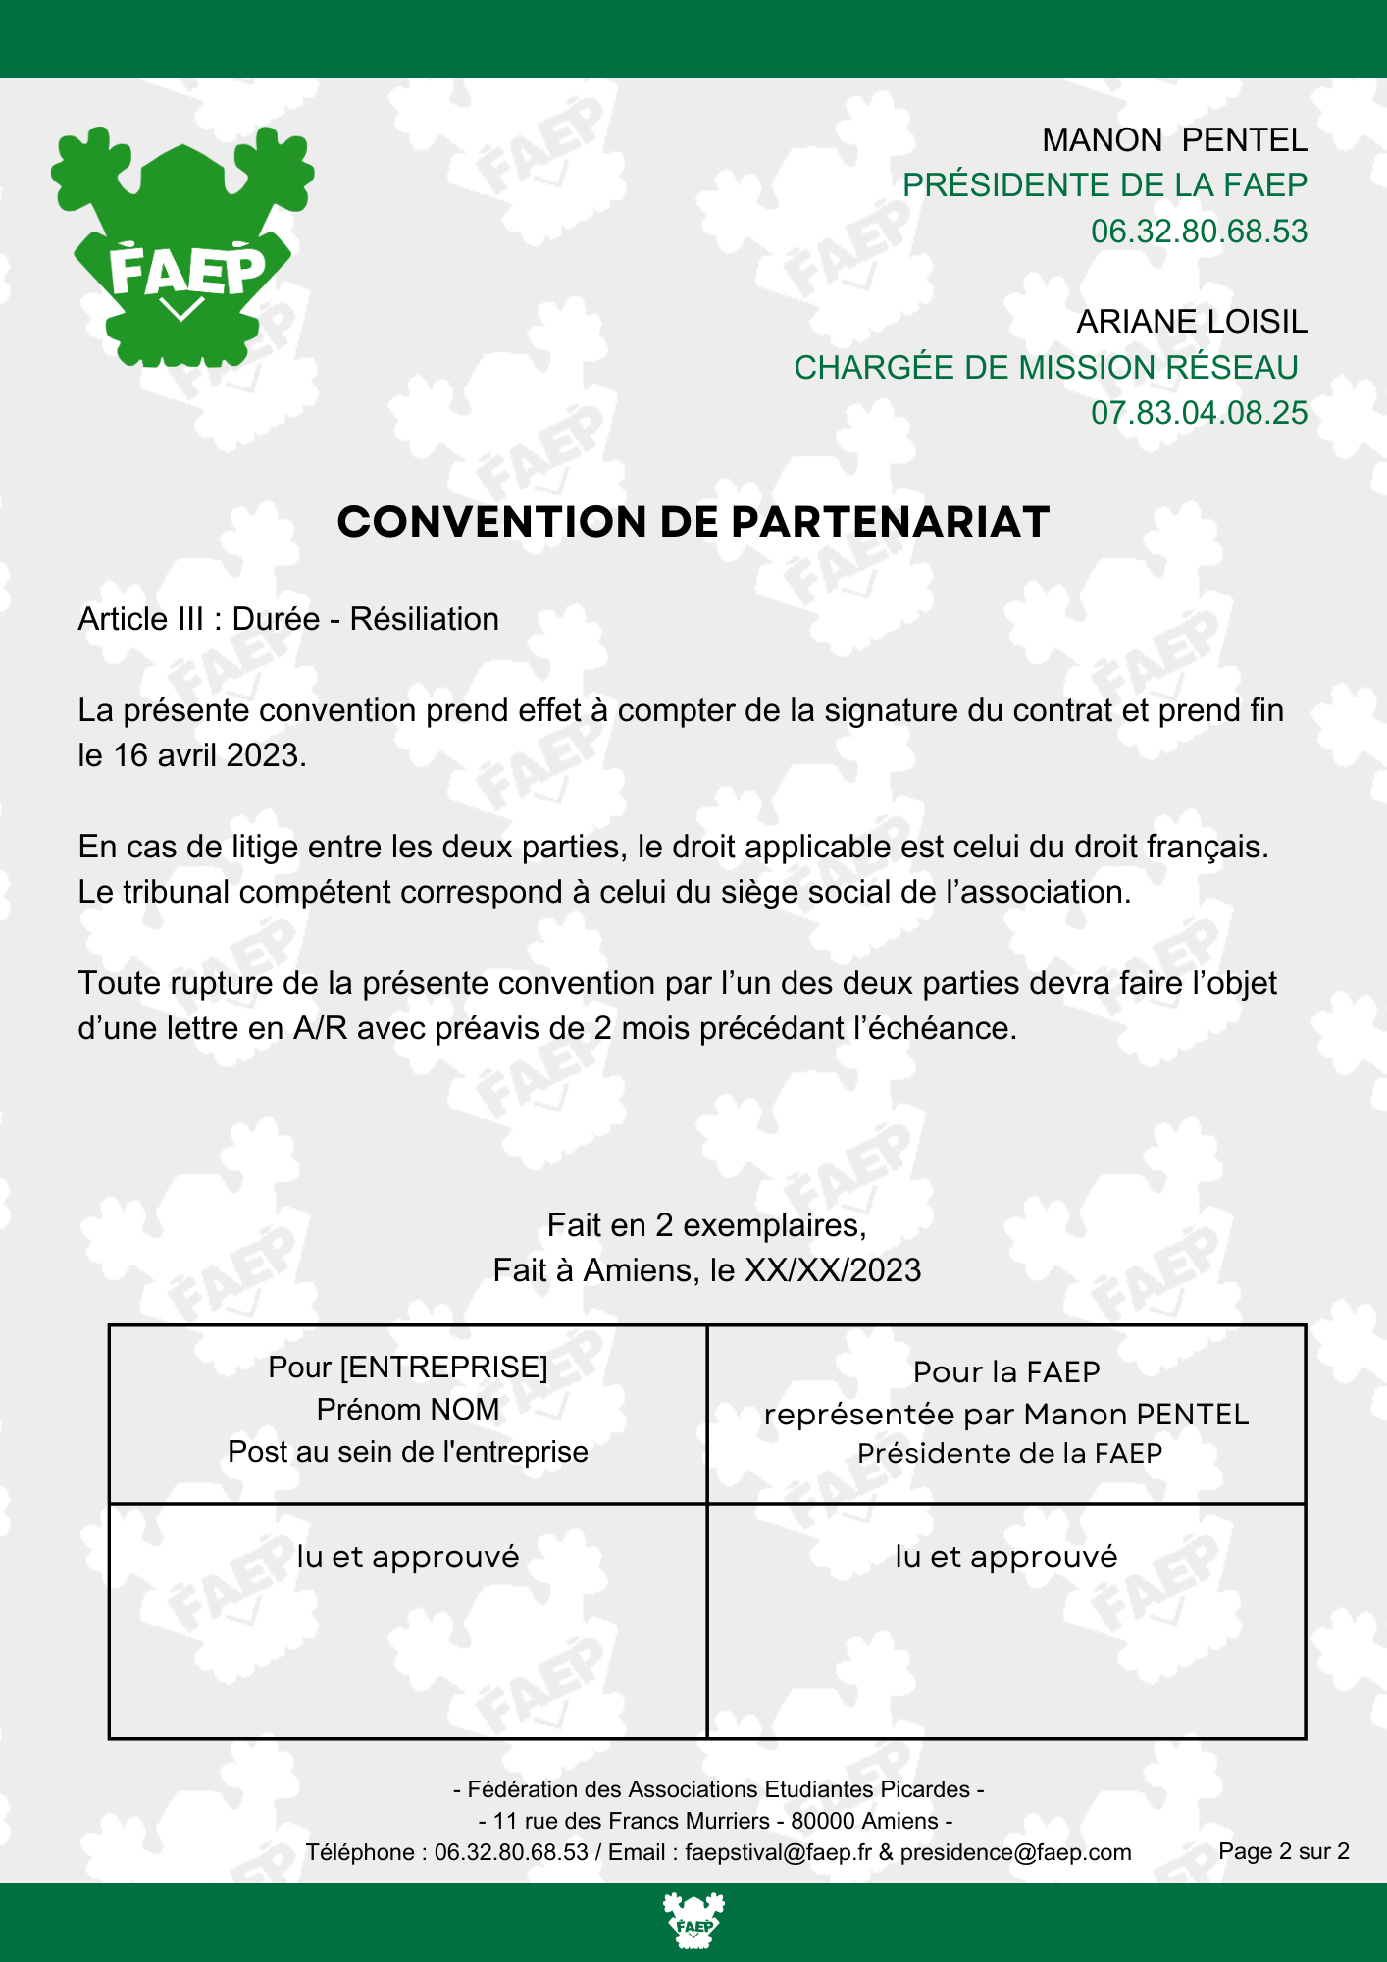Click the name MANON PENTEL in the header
click(1174, 140)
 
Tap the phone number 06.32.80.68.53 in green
click(1199, 232)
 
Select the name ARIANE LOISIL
click(1192, 322)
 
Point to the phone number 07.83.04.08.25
click(1199, 413)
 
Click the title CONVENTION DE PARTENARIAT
click(693, 522)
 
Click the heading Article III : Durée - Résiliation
click(288, 619)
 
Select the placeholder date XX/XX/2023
click(833, 1270)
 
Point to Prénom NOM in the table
click(408, 1410)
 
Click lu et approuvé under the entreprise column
click(408, 1557)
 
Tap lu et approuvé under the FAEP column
click(1006, 1557)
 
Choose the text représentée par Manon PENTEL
click(1006, 1415)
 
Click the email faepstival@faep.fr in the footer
click(778, 1852)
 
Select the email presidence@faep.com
click(1015, 1852)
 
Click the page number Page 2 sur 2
click(1283, 1851)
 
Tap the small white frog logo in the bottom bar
click(693, 1921)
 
